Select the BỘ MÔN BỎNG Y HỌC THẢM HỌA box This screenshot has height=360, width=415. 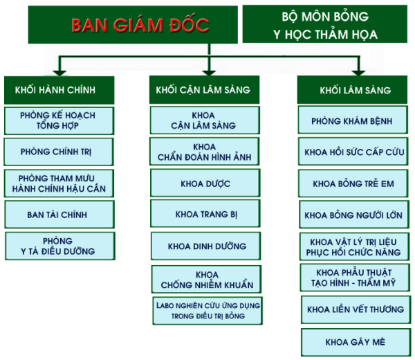coord(325,26)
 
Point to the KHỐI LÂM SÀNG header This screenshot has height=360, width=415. coord(355,90)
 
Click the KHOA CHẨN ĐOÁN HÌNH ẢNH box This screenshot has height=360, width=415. coord(205,152)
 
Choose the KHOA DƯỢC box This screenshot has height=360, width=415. coord(205,183)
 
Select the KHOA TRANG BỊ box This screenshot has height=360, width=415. coord(206,215)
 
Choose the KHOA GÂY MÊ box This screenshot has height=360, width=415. coord(355,342)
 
